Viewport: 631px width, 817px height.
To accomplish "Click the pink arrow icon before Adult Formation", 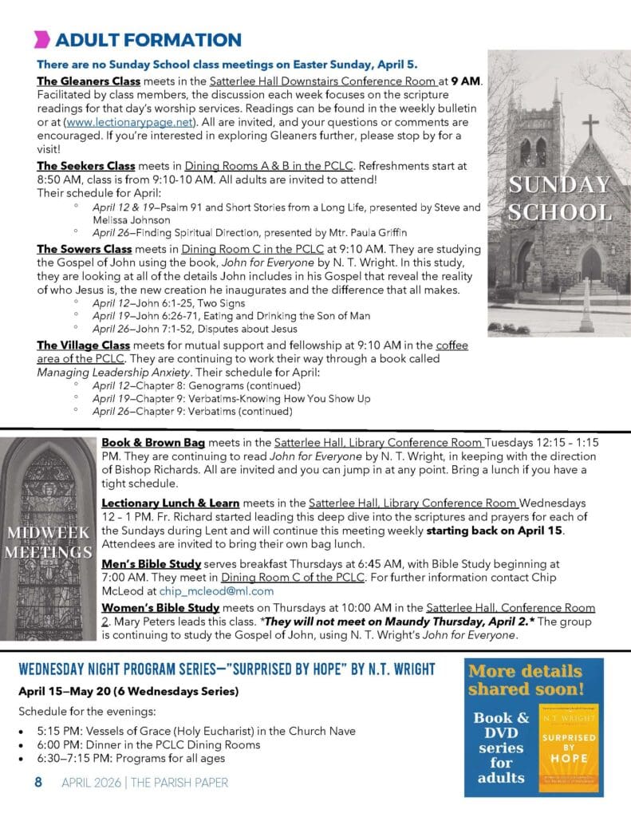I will point(42,39).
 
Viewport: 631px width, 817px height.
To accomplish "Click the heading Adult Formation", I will point(149,40).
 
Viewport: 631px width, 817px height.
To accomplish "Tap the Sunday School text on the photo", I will point(560,199).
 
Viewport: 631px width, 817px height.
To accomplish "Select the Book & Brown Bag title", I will point(153,443).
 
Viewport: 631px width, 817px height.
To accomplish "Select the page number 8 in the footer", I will point(38,783).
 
